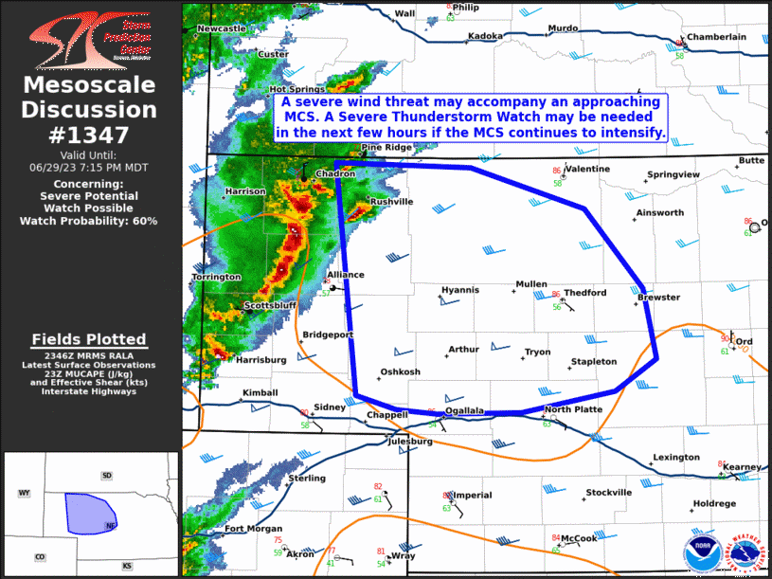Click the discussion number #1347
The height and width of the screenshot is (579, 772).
pos(89,135)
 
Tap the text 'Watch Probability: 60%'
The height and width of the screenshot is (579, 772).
pos(89,221)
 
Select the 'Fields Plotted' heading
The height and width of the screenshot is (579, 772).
pos(89,339)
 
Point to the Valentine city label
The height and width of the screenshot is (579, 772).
pos(587,169)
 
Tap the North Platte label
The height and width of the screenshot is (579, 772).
pos(573,409)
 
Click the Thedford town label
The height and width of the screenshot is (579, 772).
pos(584,293)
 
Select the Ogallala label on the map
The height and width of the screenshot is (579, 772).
pos(464,410)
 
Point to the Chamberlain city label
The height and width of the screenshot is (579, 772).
pos(716,37)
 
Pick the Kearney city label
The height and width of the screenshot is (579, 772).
pos(741,467)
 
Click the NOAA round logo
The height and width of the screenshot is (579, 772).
pos(701,552)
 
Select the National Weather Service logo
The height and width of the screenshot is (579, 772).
pos(744,552)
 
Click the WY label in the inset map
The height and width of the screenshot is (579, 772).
pos(25,494)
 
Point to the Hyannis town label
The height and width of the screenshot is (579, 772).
pos(460,290)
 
